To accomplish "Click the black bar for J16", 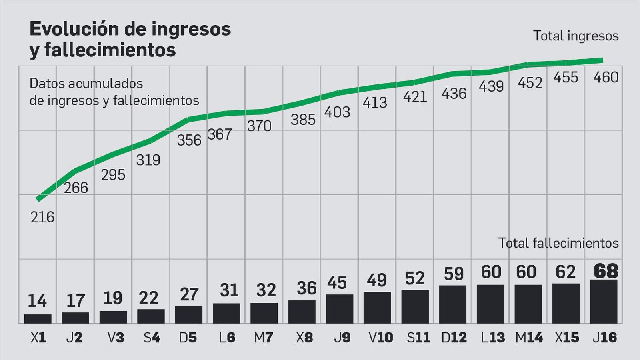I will [604, 302].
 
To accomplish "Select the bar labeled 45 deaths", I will [340, 309].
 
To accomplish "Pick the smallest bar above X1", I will [38, 319].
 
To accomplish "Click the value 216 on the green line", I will [42, 217].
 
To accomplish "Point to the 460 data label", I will [606, 77].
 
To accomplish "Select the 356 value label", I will [189, 140].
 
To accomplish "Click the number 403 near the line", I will [337, 112].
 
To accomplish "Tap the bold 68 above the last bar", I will [606, 271].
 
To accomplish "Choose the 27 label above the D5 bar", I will [189, 294].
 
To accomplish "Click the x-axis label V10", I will [380, 338].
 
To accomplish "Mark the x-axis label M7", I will [263, 338].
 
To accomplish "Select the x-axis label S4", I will [152, 338].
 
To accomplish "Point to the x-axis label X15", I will [567, 338].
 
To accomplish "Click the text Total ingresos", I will [576, 36].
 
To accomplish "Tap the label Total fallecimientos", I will [558, 243].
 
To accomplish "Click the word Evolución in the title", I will [74, 29].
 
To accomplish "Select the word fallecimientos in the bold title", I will [110, 50].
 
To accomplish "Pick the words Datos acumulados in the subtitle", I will [86, 83].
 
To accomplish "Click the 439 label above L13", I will [491, 86].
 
